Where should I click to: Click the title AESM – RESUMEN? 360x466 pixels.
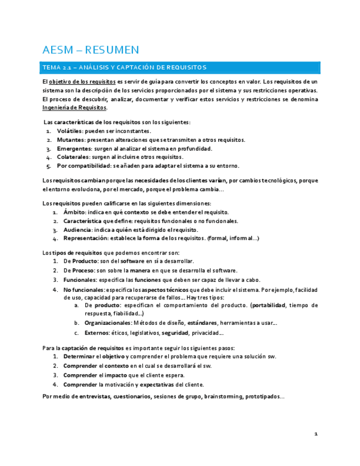pyautogui.click(x=91, y=50)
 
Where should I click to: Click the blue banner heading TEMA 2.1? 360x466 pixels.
pyautogui.click(x=124, y=68)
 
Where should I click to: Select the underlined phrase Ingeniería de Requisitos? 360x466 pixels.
pyautogui.click(x=74, y=108)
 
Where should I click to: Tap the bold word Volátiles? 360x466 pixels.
pyautogui.click(x=69, y=131)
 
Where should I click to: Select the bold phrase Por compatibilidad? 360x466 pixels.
pyautogui.click(x=83, y=165)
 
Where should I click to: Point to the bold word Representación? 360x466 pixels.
pyautogui.click(x=85, y=238)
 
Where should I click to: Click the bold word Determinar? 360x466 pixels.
pyautogui.click(x=82, y=356)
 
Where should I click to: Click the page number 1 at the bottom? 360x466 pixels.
pyautogui.click(x=316, y=434)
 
